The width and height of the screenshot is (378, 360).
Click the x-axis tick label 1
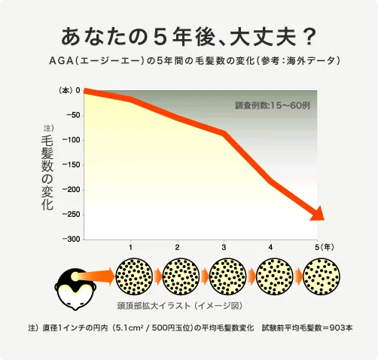pyautogui.click(x=131, y=247)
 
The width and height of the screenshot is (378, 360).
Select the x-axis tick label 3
pyautogui.click(x=224, y=247)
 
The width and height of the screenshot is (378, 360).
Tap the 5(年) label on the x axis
pyautogui.click(x=322, y=247)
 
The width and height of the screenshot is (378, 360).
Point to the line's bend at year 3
pyautogui.click(x=224, y=133)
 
